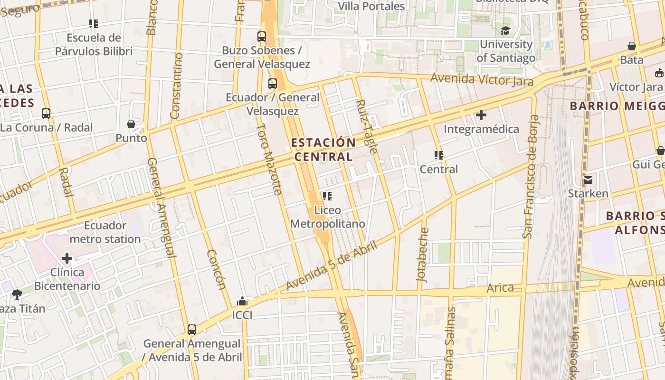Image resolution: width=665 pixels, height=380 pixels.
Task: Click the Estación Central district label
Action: click(323, 149)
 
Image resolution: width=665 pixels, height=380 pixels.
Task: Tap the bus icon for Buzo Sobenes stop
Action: click(261, 36)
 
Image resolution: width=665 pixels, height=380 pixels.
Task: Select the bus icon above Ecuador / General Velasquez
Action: click(273, 84)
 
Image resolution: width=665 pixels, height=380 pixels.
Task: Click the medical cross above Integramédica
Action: click(481, 114)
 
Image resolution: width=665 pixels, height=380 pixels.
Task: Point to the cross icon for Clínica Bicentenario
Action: click(67, 258)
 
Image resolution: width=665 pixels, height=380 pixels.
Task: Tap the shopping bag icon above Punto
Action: click(131, 124)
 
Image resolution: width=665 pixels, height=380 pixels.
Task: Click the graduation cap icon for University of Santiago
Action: click(505, 31)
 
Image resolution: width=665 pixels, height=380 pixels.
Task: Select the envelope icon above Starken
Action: click(588, 180)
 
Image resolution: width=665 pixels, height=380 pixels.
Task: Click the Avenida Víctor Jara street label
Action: click(482, 80)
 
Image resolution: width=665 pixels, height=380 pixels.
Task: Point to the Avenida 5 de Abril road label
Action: click(332, 266)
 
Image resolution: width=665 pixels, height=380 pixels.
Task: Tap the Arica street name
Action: click(500, 288)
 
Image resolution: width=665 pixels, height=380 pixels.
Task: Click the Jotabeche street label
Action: click(422, 255)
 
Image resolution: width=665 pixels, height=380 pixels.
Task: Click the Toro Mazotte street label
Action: click(269, 159)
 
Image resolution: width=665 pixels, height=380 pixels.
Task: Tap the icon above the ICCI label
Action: click(242, 301)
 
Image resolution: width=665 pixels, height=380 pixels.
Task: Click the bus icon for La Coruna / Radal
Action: click(46, 114)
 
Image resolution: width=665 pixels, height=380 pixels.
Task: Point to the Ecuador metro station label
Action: click(105, 232)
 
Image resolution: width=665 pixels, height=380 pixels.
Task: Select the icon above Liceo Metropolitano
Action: click(327, 196)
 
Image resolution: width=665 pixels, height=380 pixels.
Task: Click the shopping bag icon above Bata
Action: click(632, 46)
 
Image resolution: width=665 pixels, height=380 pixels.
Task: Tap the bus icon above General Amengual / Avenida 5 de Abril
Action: click(192, 329)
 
